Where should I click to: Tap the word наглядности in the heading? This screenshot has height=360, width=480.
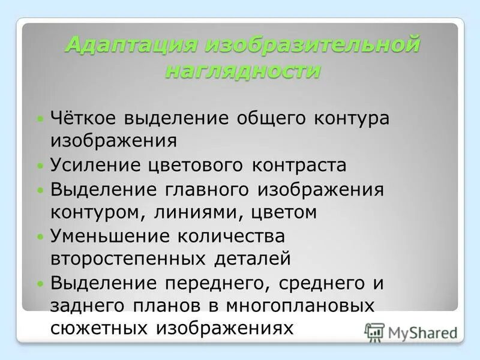242,71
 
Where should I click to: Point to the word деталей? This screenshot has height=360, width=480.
253,259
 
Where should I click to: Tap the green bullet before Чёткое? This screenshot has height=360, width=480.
40,118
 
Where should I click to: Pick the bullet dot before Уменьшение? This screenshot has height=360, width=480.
40,236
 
